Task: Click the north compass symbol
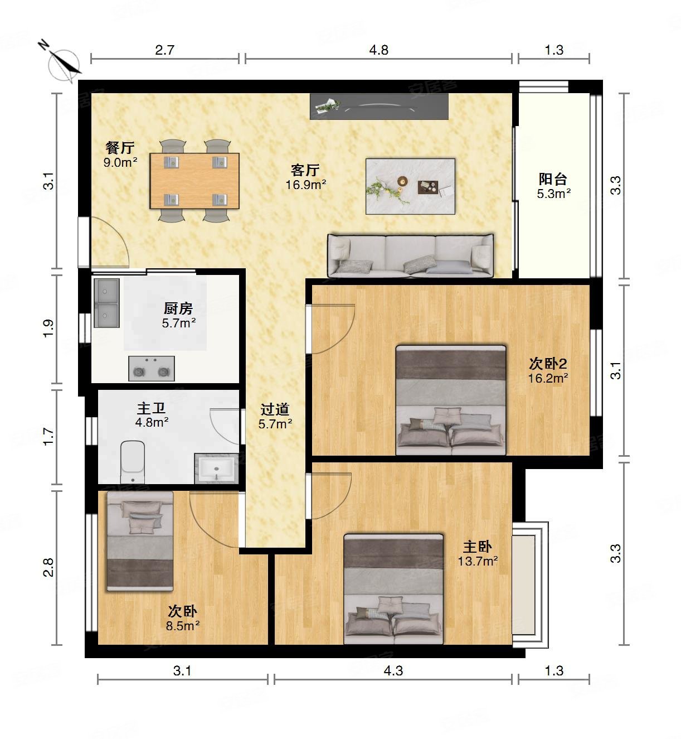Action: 63,65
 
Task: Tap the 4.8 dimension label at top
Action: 378,50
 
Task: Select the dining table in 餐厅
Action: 194,181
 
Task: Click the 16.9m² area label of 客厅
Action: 306,185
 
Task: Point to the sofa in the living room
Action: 410,255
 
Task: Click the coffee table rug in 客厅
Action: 410,186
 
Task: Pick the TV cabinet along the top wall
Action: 379,107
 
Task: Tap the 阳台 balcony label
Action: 553,180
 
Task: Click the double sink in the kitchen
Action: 106,303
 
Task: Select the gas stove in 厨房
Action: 152,368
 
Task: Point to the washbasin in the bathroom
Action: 216,468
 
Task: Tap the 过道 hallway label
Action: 275,409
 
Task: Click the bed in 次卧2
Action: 451,400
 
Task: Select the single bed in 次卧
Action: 140,541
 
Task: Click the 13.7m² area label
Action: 478,561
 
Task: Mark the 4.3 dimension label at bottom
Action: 393,671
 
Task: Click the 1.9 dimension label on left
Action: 49,329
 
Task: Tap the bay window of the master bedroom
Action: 530,585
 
